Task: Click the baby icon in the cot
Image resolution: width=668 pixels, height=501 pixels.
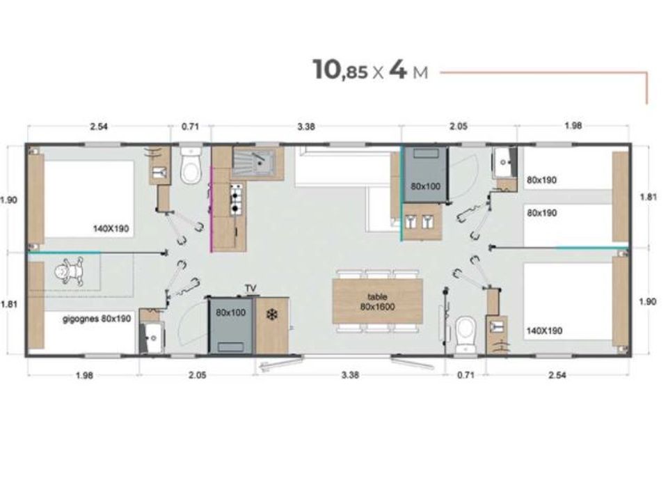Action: [70, 271]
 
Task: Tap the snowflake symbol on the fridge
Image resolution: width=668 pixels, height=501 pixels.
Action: [272, 315]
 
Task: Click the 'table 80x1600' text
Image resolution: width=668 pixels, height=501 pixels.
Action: [378, 301]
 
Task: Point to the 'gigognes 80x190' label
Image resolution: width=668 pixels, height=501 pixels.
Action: [86, 319]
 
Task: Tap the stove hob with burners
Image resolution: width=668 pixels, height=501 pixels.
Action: [236, 198]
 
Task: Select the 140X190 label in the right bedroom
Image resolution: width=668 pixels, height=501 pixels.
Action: [545, 331]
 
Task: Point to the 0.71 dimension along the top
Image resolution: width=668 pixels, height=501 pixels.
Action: [190, 127]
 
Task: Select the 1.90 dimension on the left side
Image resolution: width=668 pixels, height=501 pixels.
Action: [8, 200]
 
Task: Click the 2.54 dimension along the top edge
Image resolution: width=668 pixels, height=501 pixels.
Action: [98, 127]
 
